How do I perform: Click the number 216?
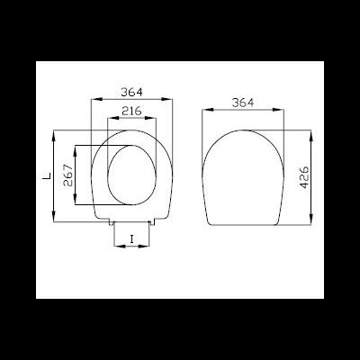134,110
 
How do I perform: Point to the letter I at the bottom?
132,238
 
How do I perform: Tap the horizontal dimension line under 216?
134,118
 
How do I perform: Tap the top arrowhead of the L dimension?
55,134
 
